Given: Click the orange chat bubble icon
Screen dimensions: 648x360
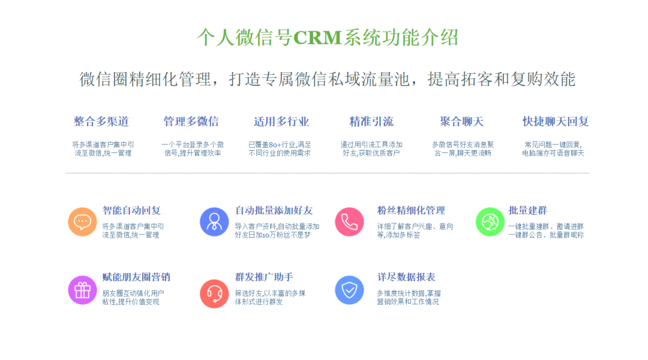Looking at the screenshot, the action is (x=82, y=222).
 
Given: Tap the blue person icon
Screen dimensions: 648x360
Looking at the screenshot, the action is (x=214, y=222).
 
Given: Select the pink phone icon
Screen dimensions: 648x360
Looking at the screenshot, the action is (x=349, y=222).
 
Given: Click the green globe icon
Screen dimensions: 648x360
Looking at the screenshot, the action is (x=490, y=222).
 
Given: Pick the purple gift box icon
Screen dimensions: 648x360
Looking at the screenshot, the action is (x=82, y=290).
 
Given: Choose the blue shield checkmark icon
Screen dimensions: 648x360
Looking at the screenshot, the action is (x=349, y=290).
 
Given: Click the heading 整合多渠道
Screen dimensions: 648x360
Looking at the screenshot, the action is (x=101, y=122).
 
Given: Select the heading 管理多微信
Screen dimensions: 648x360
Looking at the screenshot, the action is (x=191, y=122).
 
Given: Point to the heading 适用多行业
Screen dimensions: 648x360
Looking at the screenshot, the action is (x=281, y=122).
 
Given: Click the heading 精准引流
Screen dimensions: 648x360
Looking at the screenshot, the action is (x=371, y=122).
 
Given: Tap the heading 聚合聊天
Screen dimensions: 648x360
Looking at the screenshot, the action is (x=461, y=122).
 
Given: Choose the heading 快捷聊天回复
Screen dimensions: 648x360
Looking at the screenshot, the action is (x=556, y=122).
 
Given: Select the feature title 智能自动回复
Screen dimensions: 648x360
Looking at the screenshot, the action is (x=131, y=211).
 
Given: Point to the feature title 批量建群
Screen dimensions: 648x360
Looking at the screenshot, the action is (x=528, y=211).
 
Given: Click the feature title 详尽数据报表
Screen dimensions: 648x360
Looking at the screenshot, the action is (x=406, y=277).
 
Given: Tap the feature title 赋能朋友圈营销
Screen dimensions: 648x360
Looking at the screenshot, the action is (x=136, y=277).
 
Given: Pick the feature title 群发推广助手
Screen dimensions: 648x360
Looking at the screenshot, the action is (x=264, y=277).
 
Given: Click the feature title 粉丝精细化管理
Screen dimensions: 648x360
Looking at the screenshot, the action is (x=411, y=211).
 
